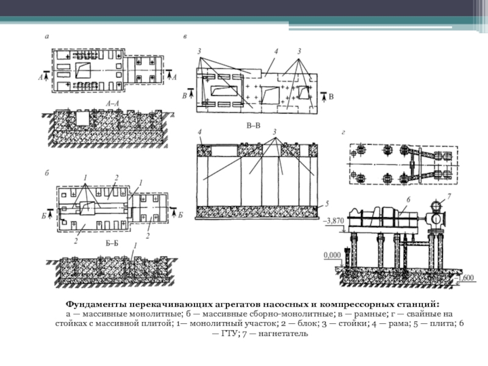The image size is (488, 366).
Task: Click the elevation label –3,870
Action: (x=334, y=221)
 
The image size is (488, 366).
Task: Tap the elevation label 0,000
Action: (x=332, y=255)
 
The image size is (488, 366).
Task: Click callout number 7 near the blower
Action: (x=449, y=196)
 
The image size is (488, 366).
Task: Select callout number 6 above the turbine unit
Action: (x=408, y=199)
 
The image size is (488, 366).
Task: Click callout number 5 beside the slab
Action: (x=327, y=204)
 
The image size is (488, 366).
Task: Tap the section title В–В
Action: (x=253, y=126)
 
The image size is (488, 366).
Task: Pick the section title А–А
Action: (x=112, y=104)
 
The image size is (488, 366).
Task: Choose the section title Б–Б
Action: (x=112, y=243)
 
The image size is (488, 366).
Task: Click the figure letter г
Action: (x=343, y=133)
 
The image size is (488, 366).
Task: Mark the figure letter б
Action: (x=47, y=173)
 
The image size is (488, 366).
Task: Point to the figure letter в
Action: (x=185, y=37)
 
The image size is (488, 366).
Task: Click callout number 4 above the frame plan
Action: (x=276, y=51)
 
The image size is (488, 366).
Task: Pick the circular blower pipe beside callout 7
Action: (x=436, y=205)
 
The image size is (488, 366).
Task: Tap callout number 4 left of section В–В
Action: (x=200, y=132)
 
